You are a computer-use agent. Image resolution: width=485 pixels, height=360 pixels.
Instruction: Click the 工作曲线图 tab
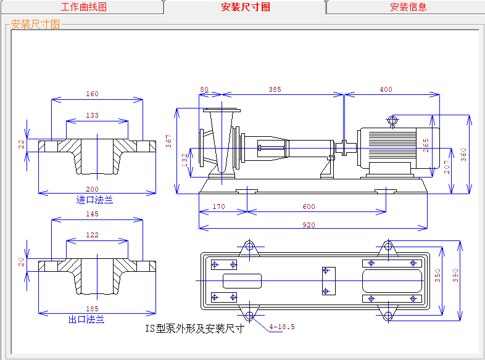(84, 7)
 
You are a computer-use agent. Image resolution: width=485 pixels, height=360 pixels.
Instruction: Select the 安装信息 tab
(408, 7)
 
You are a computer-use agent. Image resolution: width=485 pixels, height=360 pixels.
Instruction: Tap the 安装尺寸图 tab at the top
(246, 7)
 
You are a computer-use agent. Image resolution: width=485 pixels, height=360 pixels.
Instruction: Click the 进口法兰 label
(94, 200)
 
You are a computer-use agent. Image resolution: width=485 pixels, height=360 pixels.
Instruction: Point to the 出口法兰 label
(86, 319)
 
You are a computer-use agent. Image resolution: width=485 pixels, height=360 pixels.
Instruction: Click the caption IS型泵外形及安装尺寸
(195, 329)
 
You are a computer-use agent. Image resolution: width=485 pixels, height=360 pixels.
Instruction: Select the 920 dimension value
(309, 225)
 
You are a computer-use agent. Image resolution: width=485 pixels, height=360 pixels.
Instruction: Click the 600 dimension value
(309, 207)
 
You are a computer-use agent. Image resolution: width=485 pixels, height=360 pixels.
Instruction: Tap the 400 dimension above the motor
(386, 90)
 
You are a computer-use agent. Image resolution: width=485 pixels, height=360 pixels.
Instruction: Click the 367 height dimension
(168, 142)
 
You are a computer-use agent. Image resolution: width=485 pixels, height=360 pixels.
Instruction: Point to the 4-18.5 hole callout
(282, 327)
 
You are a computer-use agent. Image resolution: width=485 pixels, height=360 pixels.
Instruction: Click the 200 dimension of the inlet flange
(92, 189)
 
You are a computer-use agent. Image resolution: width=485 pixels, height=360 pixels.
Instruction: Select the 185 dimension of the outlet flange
(92, 308)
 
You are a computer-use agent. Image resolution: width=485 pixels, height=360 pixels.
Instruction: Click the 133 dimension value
(92, 115)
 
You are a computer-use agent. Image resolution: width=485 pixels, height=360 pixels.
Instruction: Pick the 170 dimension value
(219, 207)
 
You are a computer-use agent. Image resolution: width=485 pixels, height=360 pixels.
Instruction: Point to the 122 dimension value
(92, 235)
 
